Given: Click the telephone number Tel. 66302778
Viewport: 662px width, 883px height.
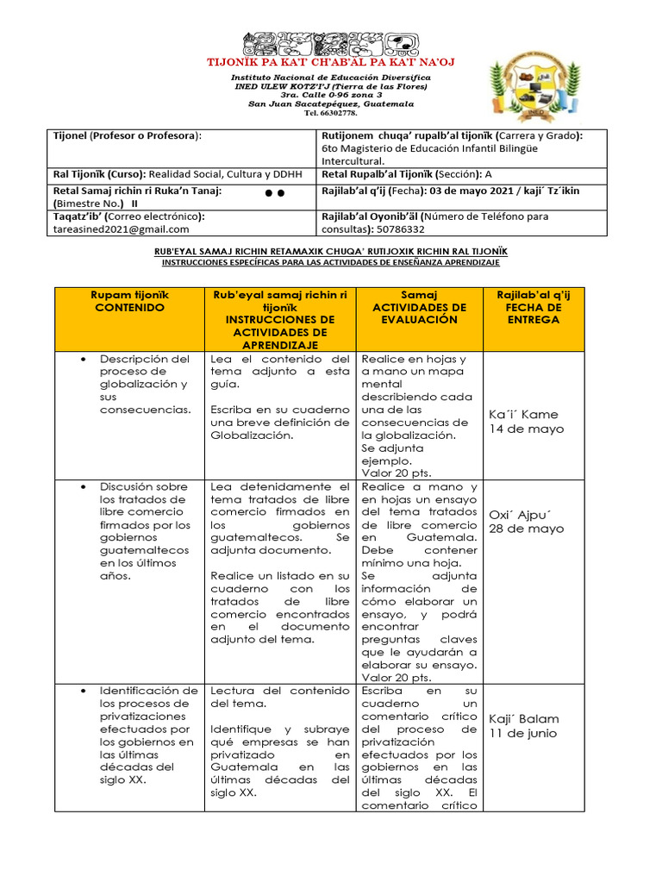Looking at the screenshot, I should pos(331,113).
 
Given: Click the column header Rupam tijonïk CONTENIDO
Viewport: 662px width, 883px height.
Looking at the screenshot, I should pos(129,301).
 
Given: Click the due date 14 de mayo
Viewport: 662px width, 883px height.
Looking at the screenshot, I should pos(527,429).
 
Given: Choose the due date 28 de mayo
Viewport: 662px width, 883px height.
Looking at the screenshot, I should pos(527,529).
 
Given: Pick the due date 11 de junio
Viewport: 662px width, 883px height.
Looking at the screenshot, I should pos(523,733).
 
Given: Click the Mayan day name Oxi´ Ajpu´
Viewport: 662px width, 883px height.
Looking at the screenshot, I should pos(520,514).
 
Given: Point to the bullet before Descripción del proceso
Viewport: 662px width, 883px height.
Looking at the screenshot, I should pos(81,359).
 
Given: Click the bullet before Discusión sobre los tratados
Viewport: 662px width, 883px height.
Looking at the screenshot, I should pos(81,486).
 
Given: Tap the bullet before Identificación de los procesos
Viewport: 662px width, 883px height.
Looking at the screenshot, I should pos(81,691).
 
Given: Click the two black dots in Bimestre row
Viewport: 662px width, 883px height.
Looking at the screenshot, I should pos(275,194).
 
